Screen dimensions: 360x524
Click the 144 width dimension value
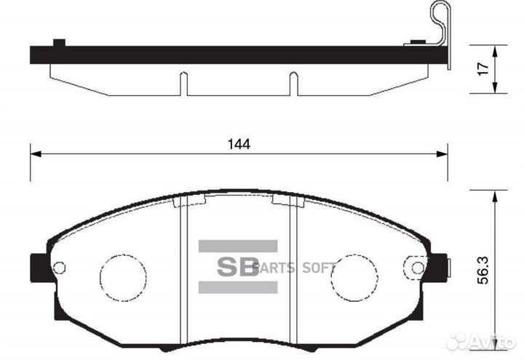click(x=238, y=144)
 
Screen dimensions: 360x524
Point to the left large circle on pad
click(x=122, y=277)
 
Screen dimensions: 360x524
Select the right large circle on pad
click(x=354, y=277)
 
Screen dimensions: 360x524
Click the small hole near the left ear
click(x=60, y=268)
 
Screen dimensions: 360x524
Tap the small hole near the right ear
click(x=418, y=266)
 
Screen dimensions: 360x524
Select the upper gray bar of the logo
click(x=238, y=246)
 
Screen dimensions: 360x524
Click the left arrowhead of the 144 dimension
click(x=35, y=154)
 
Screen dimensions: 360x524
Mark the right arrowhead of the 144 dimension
click(x=442, y=154)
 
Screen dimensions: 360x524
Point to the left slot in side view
click(x=184, y=83)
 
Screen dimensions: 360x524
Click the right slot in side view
click(x=294, y=83)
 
